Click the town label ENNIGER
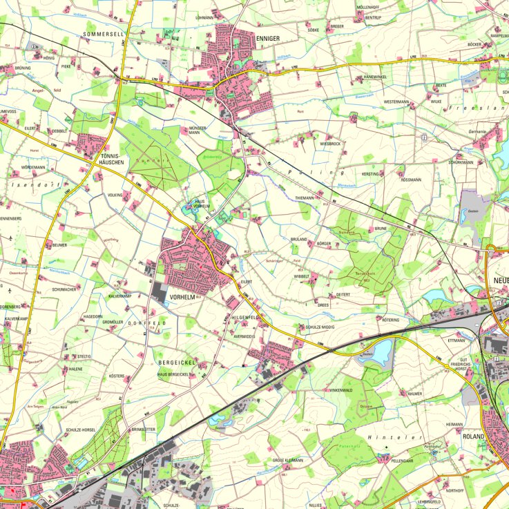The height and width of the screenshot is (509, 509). point(268,40)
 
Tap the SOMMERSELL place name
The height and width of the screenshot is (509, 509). point(104,33)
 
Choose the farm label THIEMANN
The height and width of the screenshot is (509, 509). point(305,198)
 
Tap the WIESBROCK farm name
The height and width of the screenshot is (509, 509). point(330,144)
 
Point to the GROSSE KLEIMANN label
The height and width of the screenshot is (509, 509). point(288,459)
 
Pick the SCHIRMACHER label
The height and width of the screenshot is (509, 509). point(64,290)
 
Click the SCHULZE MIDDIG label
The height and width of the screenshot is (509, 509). point(320,327)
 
